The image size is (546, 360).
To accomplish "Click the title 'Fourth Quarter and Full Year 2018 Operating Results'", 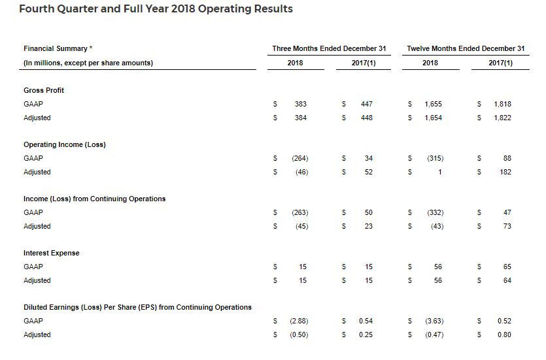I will pyautogui.click(x=156, y=9).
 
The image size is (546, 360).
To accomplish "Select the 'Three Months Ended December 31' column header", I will pyautogui.click(x=329, y=48).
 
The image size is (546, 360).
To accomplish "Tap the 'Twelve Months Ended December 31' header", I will pyautogui.click(x=466, y=48).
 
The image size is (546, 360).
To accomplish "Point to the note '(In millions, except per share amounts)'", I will pyautogui.click(x=88, y=63).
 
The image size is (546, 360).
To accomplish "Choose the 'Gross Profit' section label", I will pyautogui.click(x=44, y=90).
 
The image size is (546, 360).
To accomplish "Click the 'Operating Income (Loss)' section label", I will pyautogui.click(x=64, y=144).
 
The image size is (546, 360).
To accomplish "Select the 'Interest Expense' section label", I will pyautogui.click(x=51, y=253).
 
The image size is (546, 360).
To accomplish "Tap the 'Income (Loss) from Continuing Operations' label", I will pyautogui.click(x=94, y=199).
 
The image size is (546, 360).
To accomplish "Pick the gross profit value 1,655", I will pyautogui.click(x=433, y=104).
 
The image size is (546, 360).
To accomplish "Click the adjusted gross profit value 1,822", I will pyautogui.click(x=502, y=118).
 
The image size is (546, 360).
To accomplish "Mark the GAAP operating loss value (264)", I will pyautogui.click(x=299, y=158).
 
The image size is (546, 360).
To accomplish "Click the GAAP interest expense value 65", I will pyautogui.click(x=507, y=267).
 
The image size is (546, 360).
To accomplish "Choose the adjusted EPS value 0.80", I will pyautogui.click(x=503, y=335).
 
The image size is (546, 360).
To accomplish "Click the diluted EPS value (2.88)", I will pyautogui.click(x=298, y=321).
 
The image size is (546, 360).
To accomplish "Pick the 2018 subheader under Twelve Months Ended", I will pyautogui.click(x=430, y=63).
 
